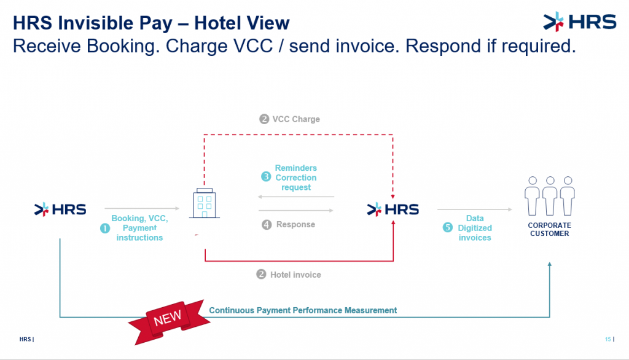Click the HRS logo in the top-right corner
[580, 22]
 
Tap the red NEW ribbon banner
[169, 321]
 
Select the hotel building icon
[205, 203]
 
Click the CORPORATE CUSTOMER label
[549, 229]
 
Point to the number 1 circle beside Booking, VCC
[104, 229]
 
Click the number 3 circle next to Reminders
[266, 176]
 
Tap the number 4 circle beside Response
[267, 224]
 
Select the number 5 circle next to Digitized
[447, 227]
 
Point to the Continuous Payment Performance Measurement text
[303, 310]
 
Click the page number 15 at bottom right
[608, 339]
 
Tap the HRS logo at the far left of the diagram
[60, 209]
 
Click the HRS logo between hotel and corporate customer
[393, 209]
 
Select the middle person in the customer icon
[550, 196]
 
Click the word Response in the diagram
[295, 224]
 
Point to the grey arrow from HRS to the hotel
[142, 208]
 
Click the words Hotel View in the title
[241, 23]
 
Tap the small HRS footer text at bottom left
[26, 339]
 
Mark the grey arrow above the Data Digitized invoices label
[475, 209]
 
